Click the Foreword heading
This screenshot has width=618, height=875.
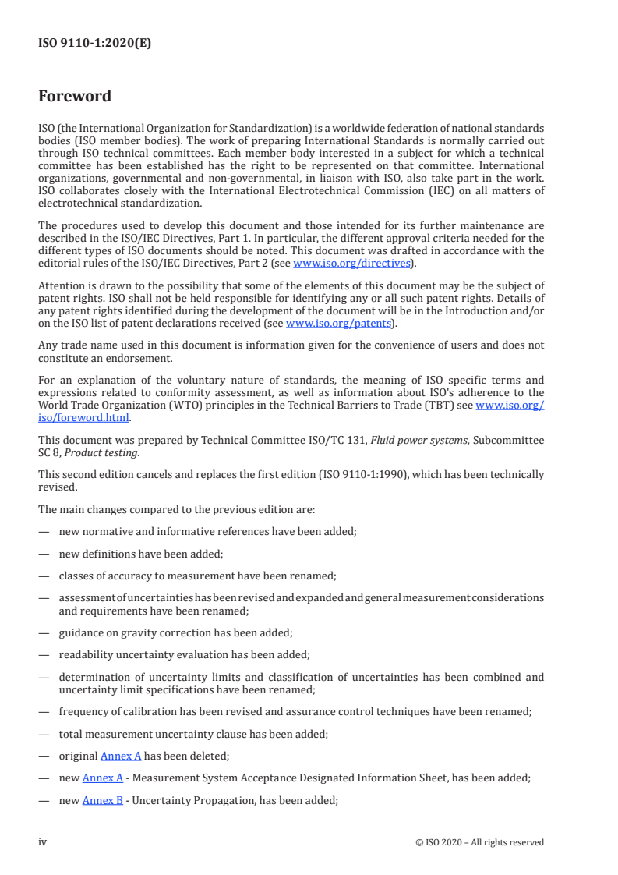point(75,97)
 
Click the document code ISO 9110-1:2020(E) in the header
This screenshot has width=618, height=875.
point(94,44)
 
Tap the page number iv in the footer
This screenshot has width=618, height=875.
point(43,841)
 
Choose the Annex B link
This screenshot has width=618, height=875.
point(103,799)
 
